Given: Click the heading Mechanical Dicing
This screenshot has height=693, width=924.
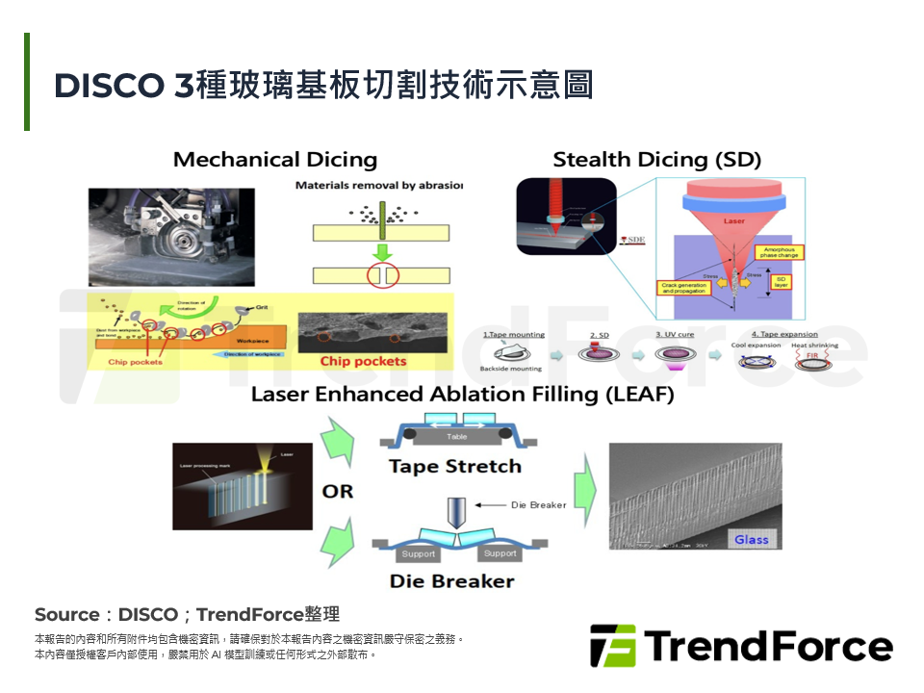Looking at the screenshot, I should coord(274,160).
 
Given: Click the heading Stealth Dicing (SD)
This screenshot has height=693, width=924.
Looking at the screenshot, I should coord(656,160).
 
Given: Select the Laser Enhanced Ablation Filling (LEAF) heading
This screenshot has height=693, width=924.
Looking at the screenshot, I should coord(462,395).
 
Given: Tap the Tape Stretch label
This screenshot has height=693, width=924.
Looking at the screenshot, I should coord(455,467).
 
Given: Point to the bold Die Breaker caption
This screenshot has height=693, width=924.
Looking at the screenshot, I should coord(451,580).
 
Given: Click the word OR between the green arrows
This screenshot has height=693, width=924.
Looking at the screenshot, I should coord(337,492).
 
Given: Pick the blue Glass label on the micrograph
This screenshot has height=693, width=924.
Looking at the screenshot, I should coord(752,539).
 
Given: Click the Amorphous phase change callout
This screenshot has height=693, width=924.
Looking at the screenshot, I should coord(781,253).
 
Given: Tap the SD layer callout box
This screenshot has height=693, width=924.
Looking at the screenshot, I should coord(781,282).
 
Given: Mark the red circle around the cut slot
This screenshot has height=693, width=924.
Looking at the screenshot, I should coord(382,276).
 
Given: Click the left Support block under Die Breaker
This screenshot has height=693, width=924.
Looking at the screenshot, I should coord(418,553).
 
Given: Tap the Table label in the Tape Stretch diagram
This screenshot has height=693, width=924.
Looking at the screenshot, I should coord(456,437).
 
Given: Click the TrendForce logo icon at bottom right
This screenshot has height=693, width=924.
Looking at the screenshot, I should coord(613,646).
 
